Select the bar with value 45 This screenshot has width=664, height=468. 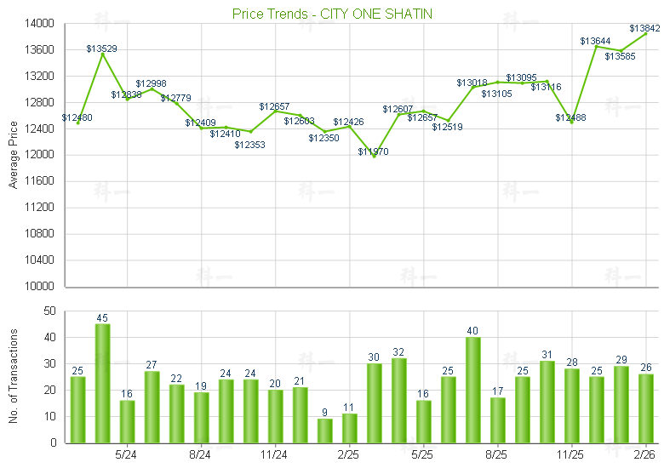pos(102,383)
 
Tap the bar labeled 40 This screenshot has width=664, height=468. pos(473,390)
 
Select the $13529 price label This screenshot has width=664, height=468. pos(102,49)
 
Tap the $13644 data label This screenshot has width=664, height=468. pos(596,41)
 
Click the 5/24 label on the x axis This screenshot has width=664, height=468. pos(126,454)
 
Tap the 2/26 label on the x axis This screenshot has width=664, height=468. pos(645,454)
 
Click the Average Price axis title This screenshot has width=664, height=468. pos(14,155)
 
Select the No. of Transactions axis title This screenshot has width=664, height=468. pos(14,377)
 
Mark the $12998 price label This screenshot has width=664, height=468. pos(152,83)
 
